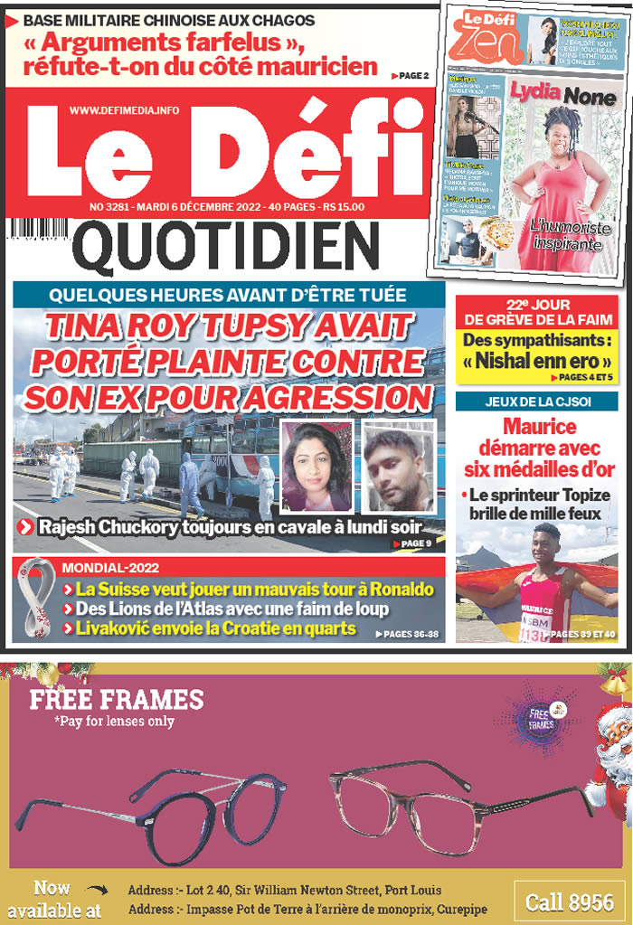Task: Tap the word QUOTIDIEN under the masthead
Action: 225,247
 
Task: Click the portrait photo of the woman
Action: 316,467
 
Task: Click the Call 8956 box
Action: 570,901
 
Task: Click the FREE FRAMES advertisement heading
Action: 117,699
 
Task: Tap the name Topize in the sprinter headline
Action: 580,495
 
